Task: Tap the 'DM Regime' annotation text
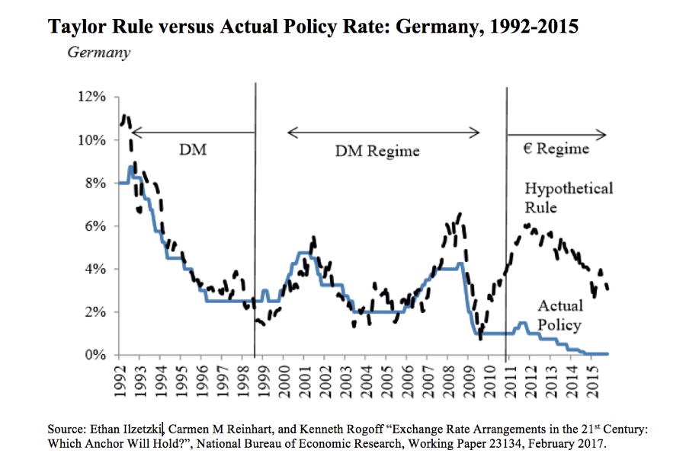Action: click(377, 152)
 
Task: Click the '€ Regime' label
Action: click(556, 148)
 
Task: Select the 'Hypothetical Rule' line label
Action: click(568, 197)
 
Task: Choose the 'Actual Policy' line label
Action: click(559, 315)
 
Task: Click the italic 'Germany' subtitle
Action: click(98, 53)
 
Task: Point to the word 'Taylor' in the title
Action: click(77, 27)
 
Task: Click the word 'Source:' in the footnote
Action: click(69, 429)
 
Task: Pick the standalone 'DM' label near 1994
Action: click(192, 150)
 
